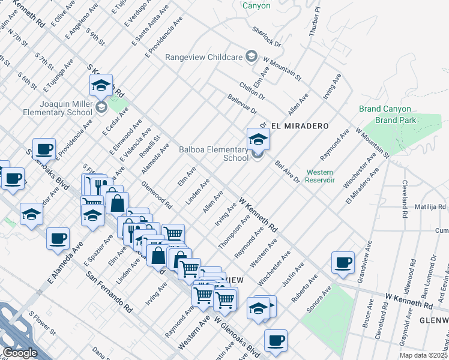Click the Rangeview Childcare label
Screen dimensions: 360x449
[203, 58]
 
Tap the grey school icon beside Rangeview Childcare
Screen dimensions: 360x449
[252, 58]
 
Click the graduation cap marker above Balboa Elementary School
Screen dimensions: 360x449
[258, 140]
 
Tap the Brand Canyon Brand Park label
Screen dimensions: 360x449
[385, 114]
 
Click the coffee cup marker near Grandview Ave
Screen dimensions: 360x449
[343, 262]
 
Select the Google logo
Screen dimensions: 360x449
[20, 353]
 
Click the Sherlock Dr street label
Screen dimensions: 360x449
[267, 37]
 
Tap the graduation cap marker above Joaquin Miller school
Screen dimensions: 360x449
[101, 86]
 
